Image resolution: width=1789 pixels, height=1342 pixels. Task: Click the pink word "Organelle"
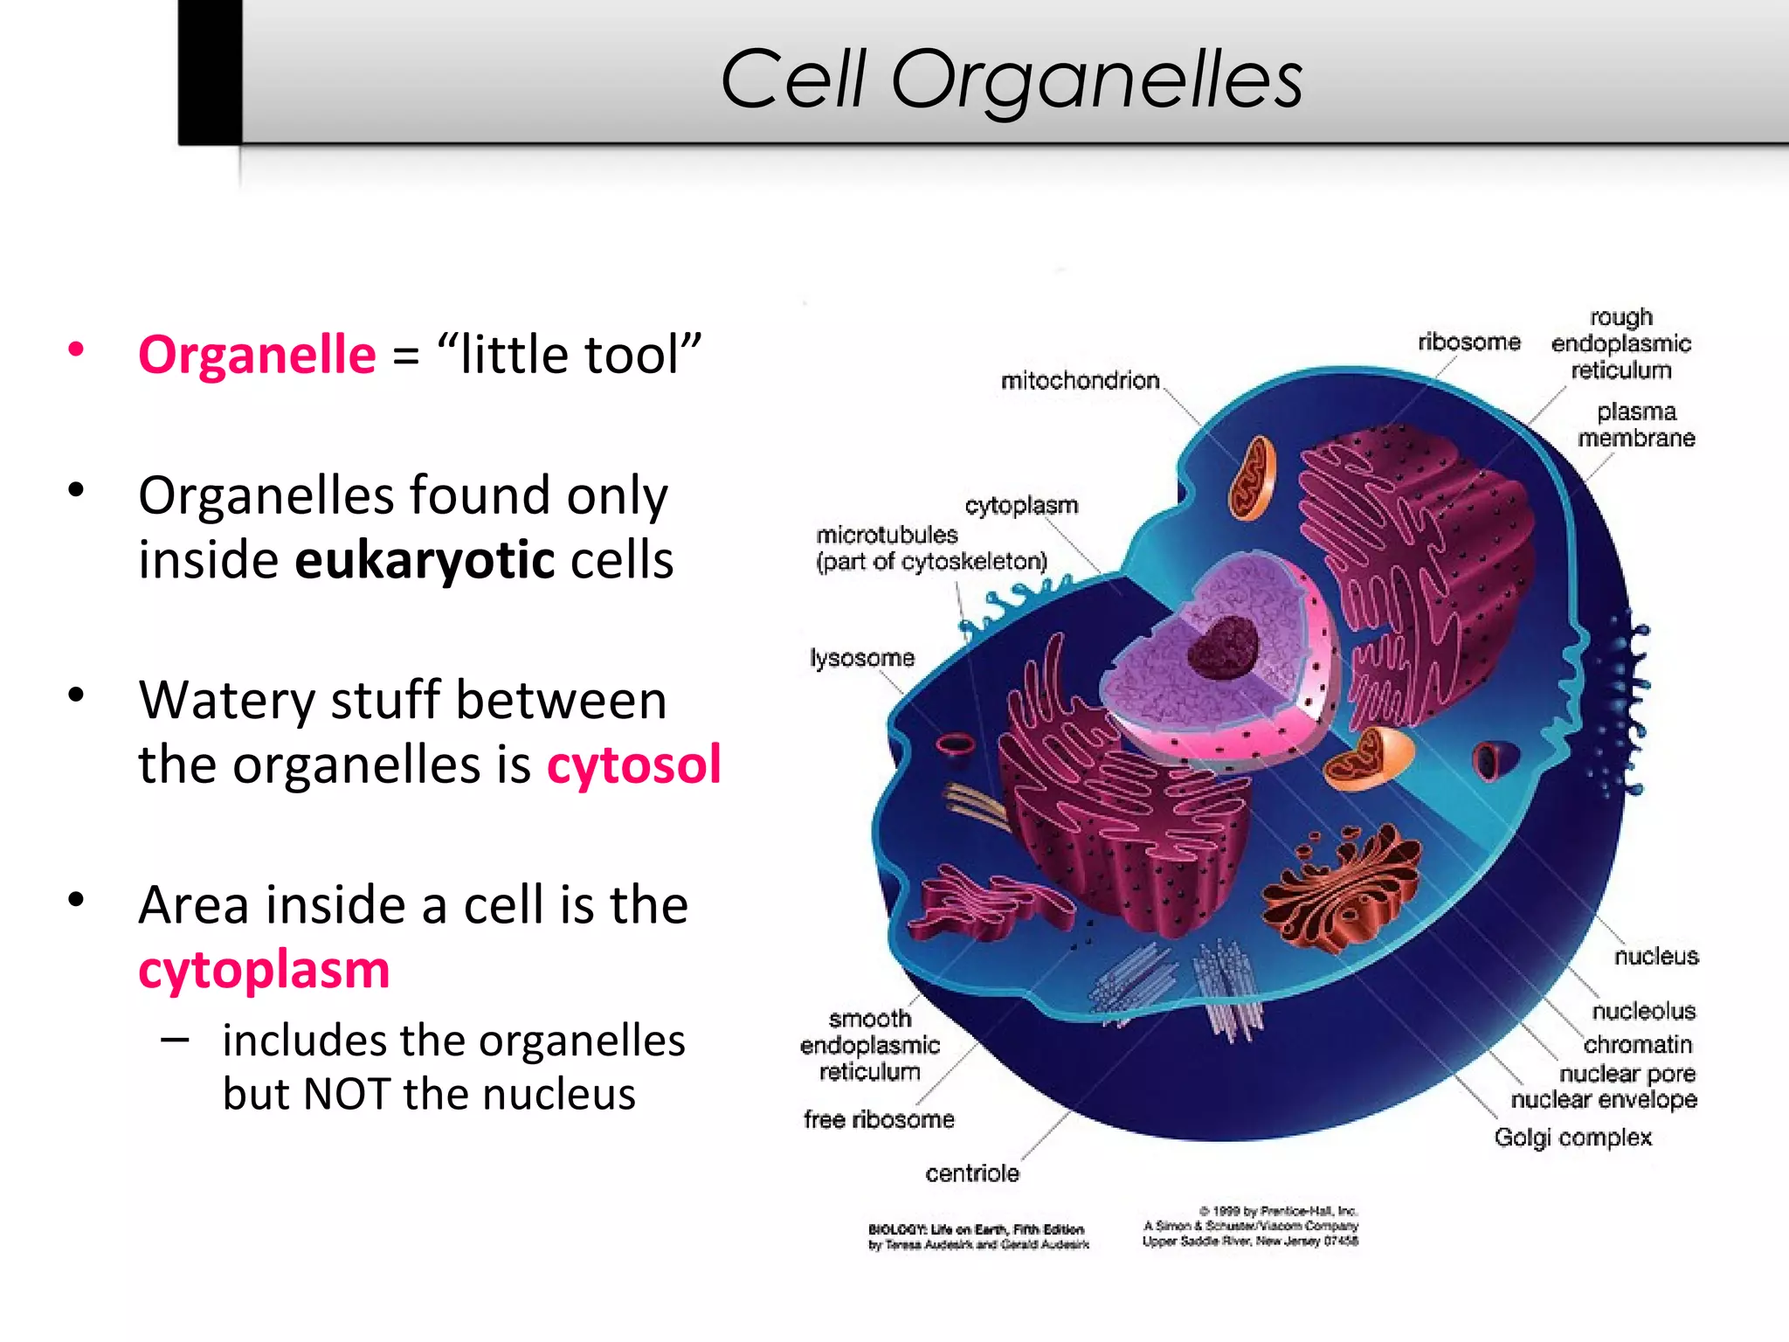(257, 355)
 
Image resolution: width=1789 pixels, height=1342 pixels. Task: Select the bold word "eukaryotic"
(425, 560)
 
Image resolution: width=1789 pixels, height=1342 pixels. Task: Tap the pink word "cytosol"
(634, 764)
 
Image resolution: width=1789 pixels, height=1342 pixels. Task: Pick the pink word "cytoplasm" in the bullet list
(264, 970)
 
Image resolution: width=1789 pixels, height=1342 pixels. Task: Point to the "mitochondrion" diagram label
(1080, 381)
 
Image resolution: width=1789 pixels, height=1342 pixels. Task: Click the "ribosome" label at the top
(1468, 342)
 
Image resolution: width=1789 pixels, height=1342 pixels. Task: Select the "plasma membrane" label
(1636, 425)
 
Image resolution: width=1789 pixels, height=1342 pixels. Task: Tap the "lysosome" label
(862, 657)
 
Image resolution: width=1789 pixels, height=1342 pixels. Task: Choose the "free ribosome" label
(879, 1119)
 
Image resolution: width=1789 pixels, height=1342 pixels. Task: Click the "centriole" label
(972, 1173)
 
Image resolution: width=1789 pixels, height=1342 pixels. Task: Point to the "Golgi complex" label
(1572, 1138)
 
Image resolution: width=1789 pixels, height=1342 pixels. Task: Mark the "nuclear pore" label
(1627, 1073)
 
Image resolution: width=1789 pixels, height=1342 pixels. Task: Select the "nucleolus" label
(1643, 1011)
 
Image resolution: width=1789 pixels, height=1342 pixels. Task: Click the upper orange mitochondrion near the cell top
(1253, 479)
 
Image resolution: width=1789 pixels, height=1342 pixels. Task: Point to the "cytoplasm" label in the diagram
(1021, 505)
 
